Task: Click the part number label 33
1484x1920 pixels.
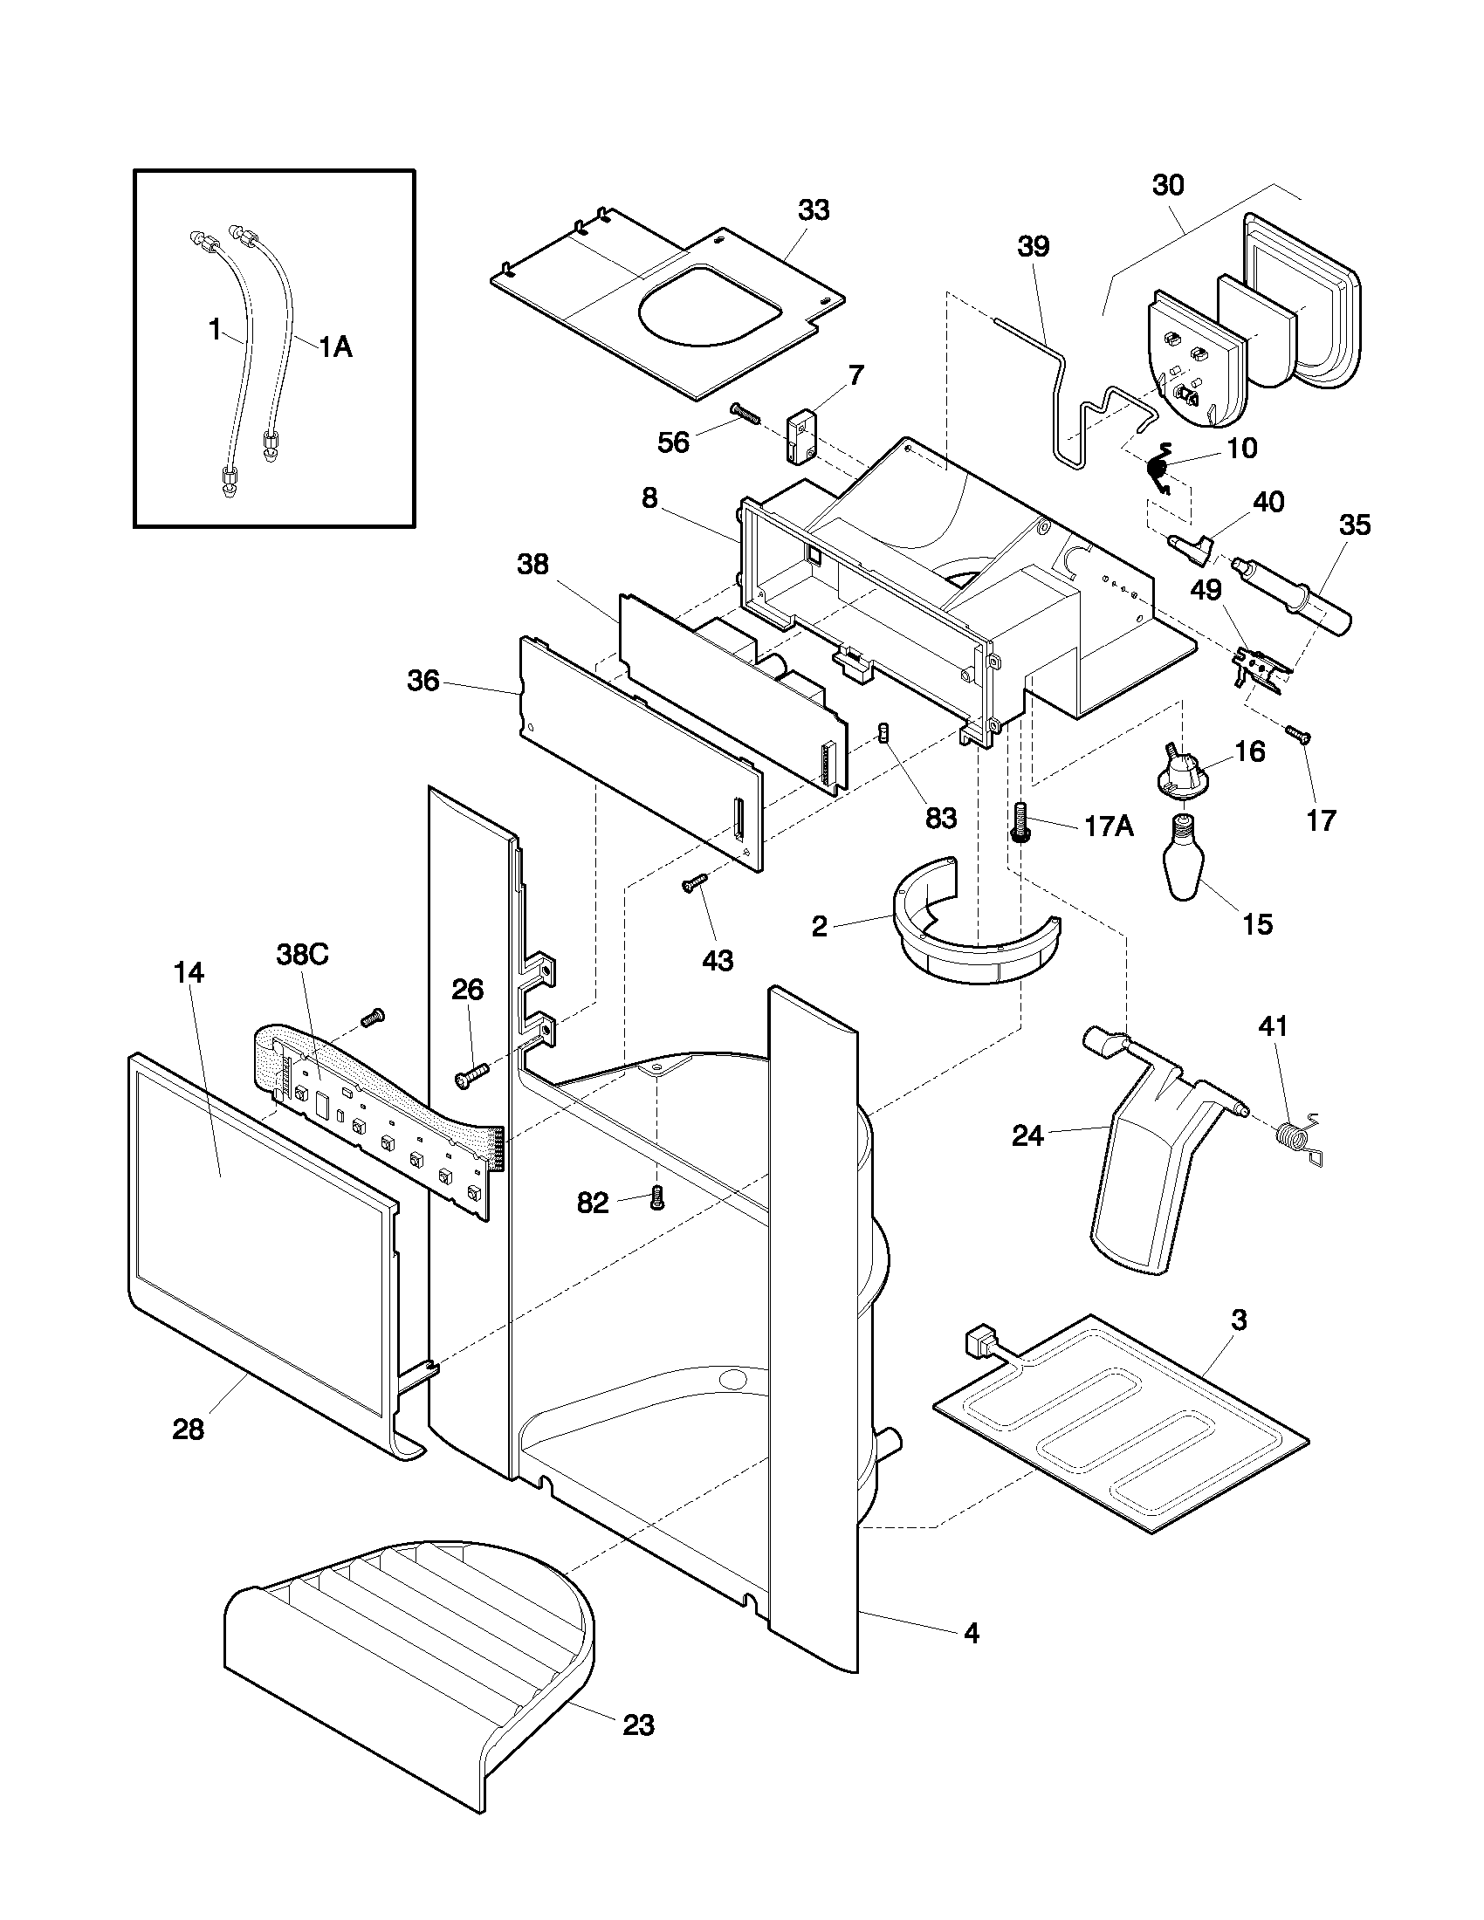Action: [x=814, y=210]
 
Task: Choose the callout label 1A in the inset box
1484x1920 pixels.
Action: [x=334, y=347]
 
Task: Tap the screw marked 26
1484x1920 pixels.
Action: [x=471, y=1076]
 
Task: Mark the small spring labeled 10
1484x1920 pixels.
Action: [x=1159, y=469]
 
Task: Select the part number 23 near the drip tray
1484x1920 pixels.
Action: [x=638, y=1725]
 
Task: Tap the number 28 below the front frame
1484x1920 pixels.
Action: [x=189, y=1430]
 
